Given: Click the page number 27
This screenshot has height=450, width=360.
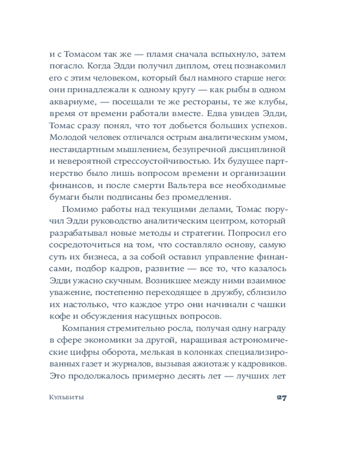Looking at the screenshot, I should (282, 397).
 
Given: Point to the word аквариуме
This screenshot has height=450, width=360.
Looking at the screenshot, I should (70, 101).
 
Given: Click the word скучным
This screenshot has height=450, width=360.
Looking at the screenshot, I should (122, 279).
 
